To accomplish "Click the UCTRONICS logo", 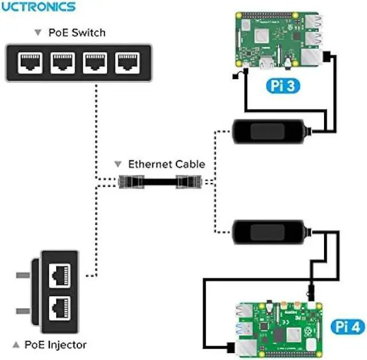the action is click(x=38, y=7).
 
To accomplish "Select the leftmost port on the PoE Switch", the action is click(x=30, y=63).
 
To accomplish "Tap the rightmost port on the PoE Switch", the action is click(x=127, y=63).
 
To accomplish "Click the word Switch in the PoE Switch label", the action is click(x=89, y=33).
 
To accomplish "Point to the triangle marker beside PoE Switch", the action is click(x=38, y=32).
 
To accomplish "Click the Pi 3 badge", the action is click(x=283, y=86).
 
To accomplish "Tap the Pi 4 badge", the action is click(x=348, y=327).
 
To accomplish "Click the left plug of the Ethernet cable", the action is click(x=131, y=181).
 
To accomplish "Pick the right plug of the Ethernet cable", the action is click(x=189, y=181).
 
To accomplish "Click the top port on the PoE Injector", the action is click(x=60, y=276).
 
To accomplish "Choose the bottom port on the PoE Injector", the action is click(x=60, y=308).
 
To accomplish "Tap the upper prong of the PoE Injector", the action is click(x=23, y=275).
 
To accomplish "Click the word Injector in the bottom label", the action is click(x=68, y=345).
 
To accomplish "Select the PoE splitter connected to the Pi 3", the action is click(x=271, y=131).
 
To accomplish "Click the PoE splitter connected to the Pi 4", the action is click(x=271, y=232).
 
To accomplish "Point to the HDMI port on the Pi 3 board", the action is click(x=267, y=63).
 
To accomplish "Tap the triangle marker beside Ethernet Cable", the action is click(x=118, y=164).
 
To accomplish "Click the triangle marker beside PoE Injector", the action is click(x=16, y=344).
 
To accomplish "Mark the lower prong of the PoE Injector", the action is click(x=23, y=311).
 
